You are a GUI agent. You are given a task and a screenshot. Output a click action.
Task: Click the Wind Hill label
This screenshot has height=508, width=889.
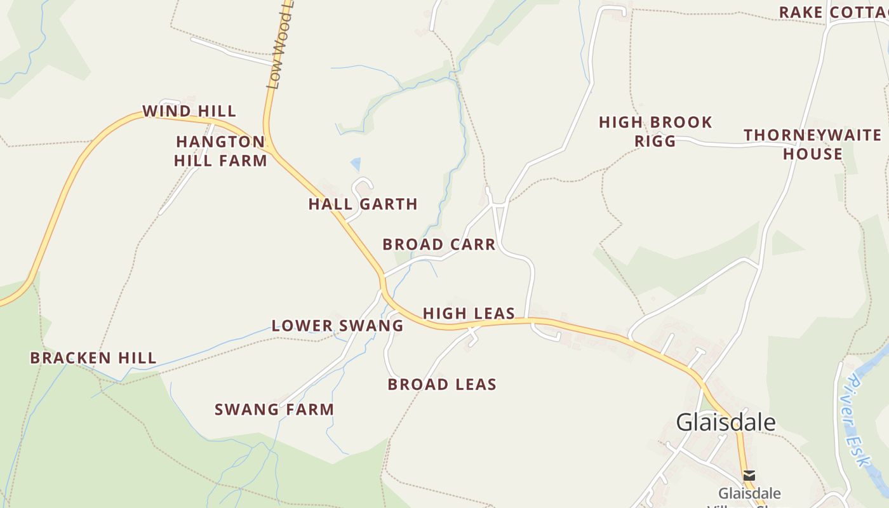tap(189, 112)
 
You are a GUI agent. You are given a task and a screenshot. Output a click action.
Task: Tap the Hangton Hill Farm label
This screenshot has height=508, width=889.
tap(220, 151)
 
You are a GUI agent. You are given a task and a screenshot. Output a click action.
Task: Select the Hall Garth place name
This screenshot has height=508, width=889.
tap(363, 204)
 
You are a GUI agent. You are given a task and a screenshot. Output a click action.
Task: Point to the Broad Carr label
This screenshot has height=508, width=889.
tap(439, 245)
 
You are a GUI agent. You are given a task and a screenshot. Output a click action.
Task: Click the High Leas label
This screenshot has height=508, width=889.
tap(469, 314)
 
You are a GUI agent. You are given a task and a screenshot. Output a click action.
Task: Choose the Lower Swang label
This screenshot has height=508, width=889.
tap(337, 326)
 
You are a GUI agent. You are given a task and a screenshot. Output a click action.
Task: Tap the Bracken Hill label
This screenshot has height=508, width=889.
tap(93, 358)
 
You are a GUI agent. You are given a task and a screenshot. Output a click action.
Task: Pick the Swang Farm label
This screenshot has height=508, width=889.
tap(274, 410)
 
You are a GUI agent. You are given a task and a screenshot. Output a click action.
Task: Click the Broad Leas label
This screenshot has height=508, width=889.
tap(442, 385)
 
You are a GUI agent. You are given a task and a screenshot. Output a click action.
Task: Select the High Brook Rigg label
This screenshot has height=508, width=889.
tap(655, 131)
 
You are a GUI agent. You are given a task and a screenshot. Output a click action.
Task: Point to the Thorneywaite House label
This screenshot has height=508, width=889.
tap(813, 145)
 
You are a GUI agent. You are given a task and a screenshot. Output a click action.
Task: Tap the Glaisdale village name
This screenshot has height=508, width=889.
tap(725, 422)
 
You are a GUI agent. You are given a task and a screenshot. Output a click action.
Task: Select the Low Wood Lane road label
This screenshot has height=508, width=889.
tap(280, 51)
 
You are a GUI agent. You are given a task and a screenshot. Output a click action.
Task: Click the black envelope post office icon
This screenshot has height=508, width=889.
tap(749, 475)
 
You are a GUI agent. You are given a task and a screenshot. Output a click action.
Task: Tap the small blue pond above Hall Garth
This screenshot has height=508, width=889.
tap(356, 164)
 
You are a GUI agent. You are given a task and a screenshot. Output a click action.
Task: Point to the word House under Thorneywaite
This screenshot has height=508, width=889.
tap(813, 154)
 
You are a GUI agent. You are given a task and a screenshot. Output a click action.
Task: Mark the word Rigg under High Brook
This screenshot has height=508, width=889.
tap(655, 141)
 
